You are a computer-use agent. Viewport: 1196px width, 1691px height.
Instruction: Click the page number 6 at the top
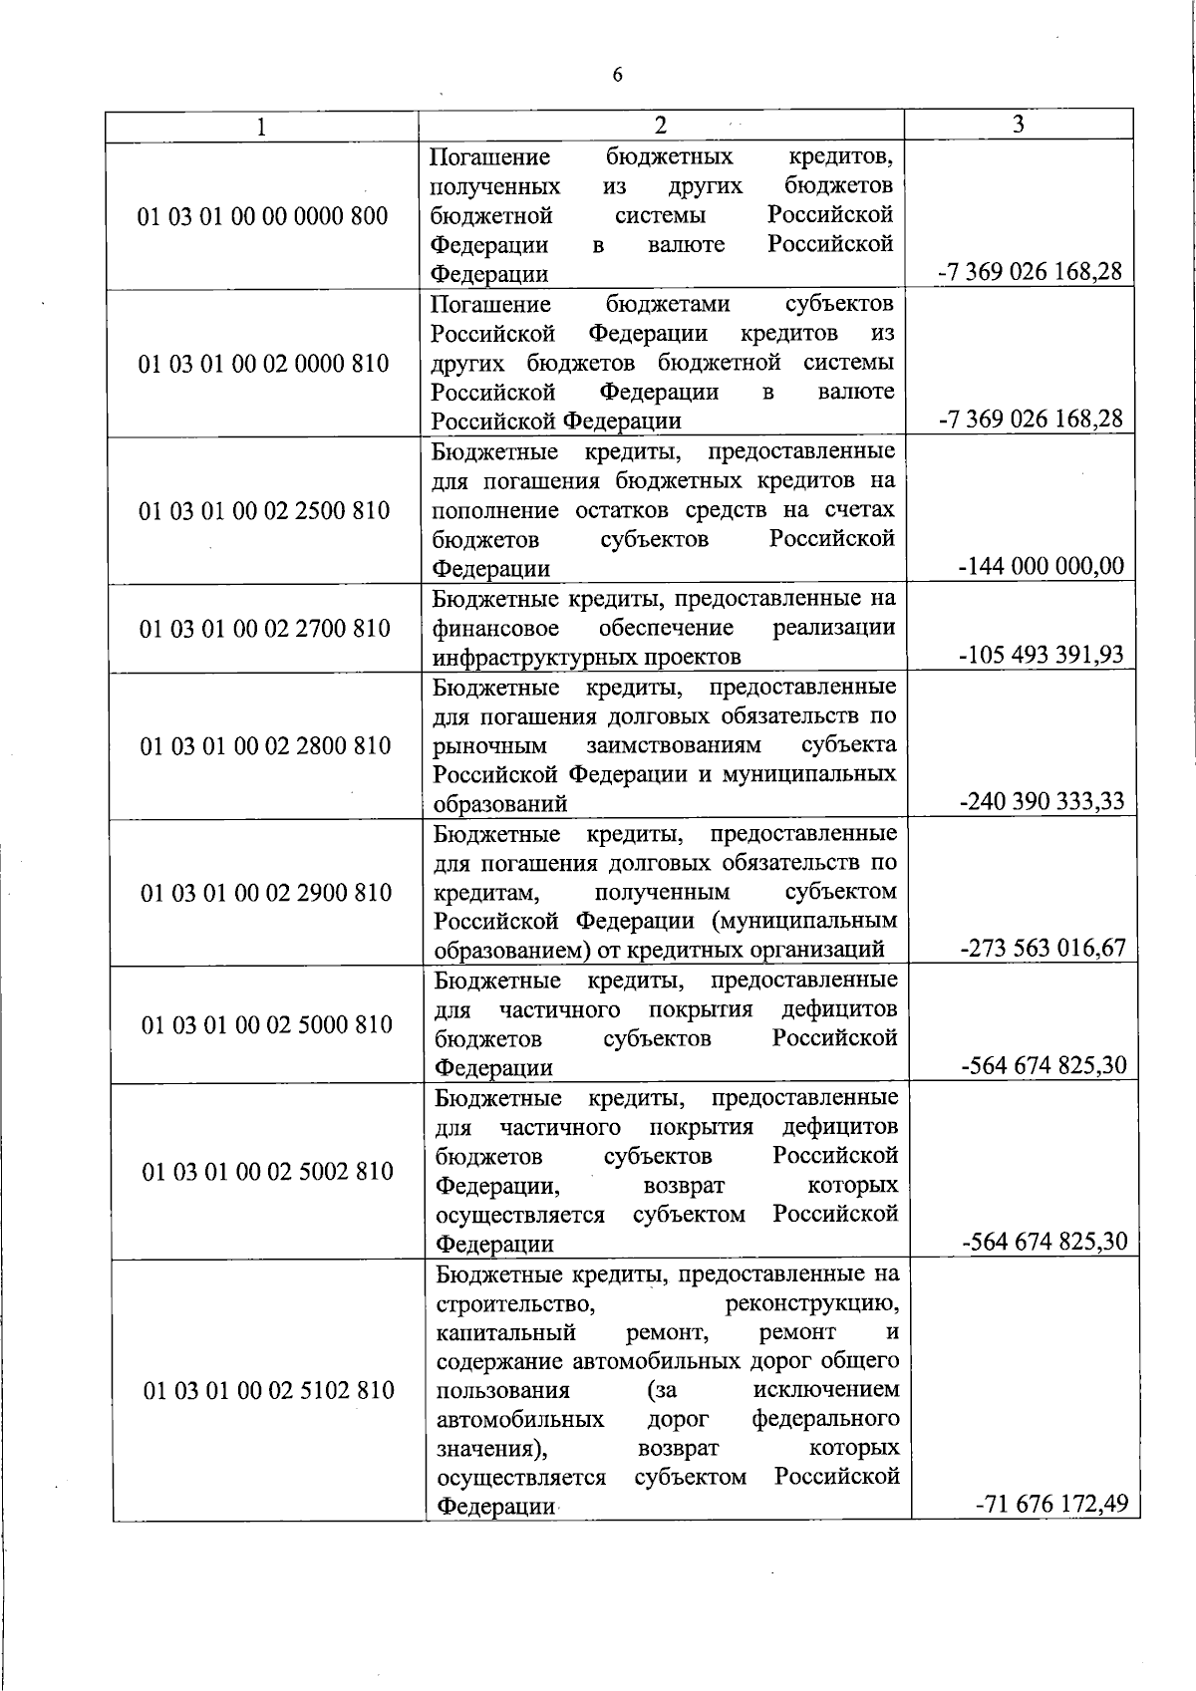(x=617, y=76)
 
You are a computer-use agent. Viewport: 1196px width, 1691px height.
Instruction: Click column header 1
(x=261, y=127)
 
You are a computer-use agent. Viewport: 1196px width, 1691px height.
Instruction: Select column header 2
(x=660, y=125)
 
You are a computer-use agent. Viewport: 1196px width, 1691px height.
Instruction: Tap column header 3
(x=1017, y=124)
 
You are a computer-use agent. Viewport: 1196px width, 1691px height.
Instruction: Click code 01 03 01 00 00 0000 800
(x=263, y=216)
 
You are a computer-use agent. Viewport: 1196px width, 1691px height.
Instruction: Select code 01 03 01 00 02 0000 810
(x=263, y=364)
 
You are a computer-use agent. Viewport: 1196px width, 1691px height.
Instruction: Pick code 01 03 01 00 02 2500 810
(x=264, y=511)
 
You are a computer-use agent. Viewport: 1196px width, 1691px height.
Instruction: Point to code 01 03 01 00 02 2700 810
(x=264, y=629)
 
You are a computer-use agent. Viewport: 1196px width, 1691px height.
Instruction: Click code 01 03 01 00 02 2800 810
(x=265, y=746)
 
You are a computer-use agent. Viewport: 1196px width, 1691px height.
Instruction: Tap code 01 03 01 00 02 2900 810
(x=266, y=893)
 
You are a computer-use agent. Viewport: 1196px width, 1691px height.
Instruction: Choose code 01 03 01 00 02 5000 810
(x=267, y=1025)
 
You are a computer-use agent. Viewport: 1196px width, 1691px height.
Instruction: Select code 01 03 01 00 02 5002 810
(x=268, y=1172)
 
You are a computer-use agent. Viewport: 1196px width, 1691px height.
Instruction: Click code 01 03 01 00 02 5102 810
(x=269, y=1390)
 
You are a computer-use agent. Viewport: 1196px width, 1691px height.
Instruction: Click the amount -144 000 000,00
(x=1041, y=567)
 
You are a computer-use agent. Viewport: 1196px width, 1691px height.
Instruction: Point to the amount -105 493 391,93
(x=1041, y=655)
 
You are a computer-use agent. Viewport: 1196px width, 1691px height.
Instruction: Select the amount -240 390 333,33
(x=1042, y=801)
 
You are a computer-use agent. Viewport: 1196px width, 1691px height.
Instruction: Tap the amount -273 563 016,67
(x=1043, y=948)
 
